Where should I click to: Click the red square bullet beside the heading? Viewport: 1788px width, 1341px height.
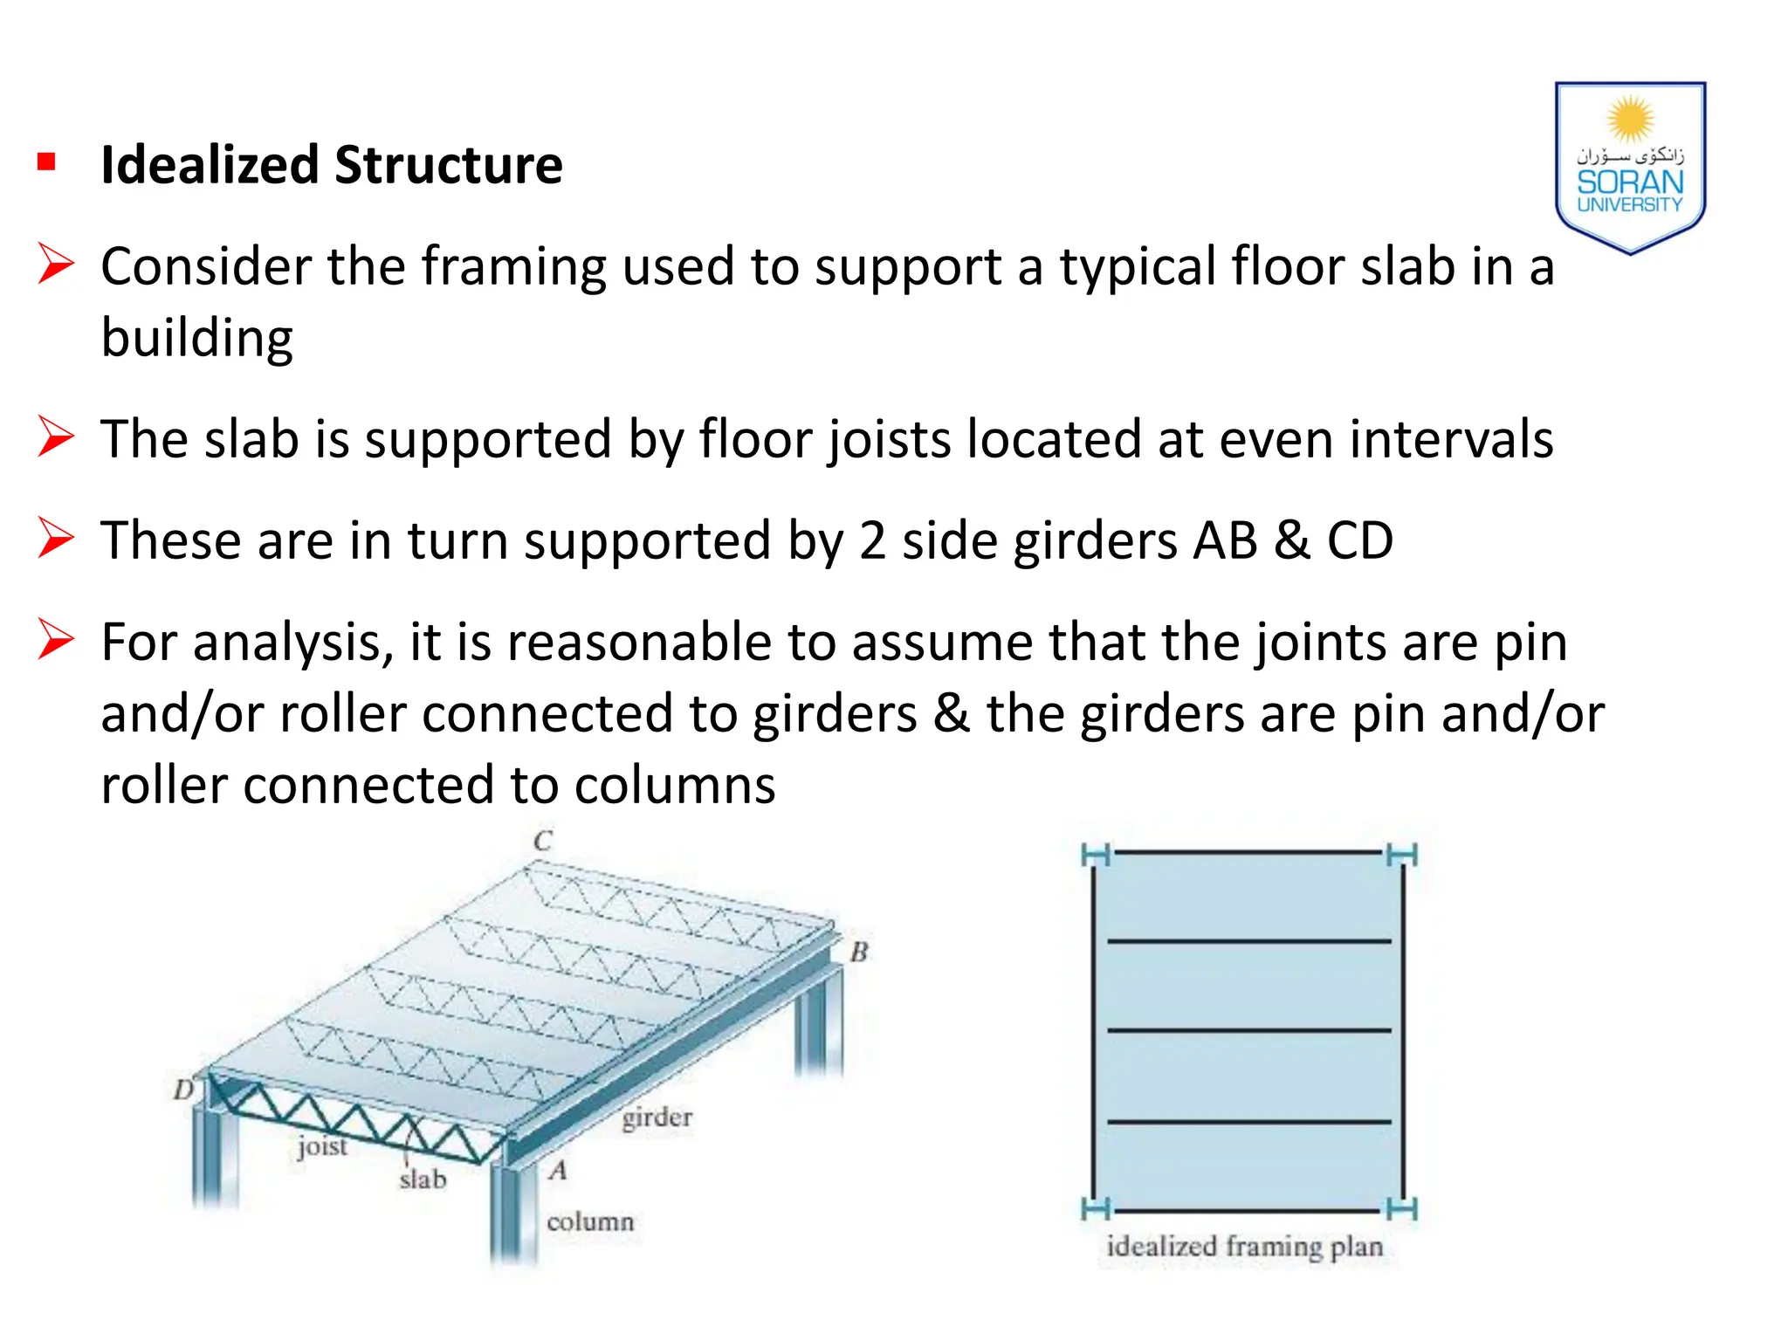point(47,162)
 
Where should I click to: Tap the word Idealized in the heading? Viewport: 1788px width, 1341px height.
point(210,165)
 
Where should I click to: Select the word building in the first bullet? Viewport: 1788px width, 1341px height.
point(196,339)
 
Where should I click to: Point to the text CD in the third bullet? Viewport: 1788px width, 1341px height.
point(1359,541)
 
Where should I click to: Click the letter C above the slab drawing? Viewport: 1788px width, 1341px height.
point(542,842)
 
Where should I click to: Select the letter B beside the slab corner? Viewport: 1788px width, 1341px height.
point(859,952)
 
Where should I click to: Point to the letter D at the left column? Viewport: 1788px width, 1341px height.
point(183,1090)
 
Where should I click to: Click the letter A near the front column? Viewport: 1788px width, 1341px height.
point(559,1171)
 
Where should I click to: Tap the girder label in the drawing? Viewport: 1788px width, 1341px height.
point(657,1117)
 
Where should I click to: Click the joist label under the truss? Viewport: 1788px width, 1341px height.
point(322,1146)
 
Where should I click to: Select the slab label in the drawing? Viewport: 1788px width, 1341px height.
point(423,1180)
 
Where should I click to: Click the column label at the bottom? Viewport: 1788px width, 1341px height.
point(590,1221)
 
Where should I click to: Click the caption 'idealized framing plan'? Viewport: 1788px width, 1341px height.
point(1244,1247)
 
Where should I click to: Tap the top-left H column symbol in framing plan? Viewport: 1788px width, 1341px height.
point(1095,855)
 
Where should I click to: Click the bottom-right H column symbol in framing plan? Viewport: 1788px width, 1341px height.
point(1402,1209)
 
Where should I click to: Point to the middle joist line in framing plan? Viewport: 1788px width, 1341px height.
point(1248,1031)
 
